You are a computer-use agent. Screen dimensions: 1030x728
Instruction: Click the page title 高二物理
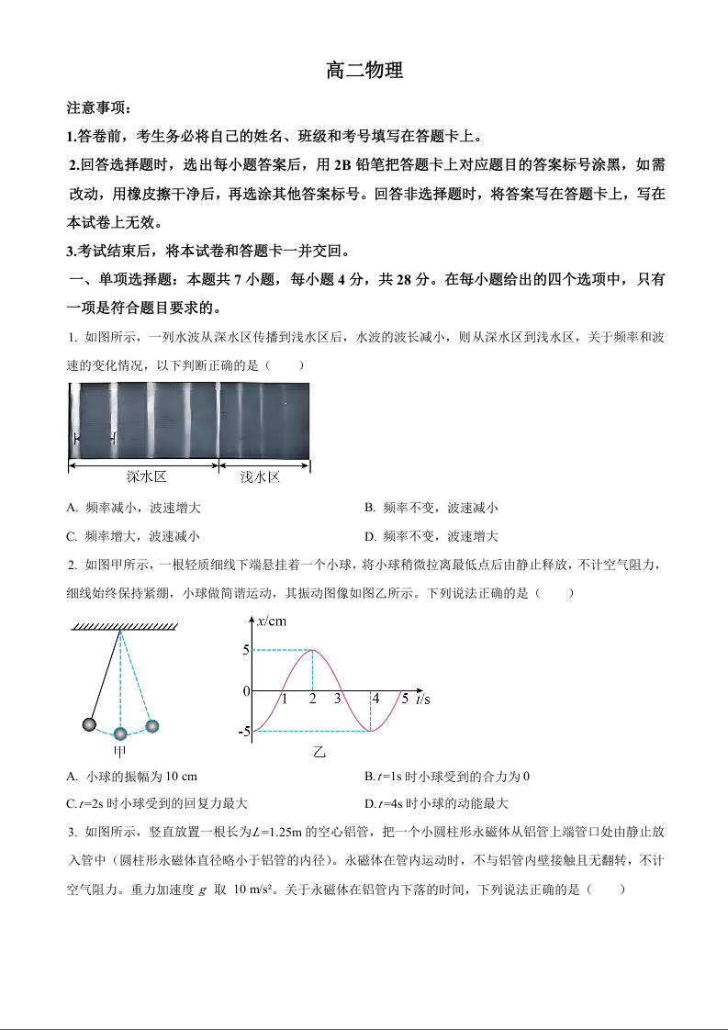tap(364, 71)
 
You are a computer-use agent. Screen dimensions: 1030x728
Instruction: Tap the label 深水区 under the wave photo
tap(145, 477)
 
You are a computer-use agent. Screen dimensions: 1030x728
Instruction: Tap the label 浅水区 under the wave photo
tap(260, 477)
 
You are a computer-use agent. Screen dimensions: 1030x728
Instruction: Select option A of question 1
tap(134, 508)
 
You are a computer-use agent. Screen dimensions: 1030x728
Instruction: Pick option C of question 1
tap(134, 536)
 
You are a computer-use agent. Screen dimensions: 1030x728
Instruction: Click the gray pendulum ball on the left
tap(89, 725)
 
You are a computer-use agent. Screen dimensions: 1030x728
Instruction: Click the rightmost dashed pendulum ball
tap(152, 726)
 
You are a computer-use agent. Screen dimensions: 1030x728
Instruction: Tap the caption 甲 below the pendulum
tap(119, 751)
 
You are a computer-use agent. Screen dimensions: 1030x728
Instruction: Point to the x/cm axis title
tap(272, 621)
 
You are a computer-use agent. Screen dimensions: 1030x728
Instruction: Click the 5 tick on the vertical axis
tap(246, 650)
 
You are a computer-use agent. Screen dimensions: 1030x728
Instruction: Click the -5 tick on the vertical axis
tap(244, 732)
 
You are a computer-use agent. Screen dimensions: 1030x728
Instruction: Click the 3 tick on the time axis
tap(338, 700)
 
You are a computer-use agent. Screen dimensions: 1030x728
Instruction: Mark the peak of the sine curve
tap(313, 650)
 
